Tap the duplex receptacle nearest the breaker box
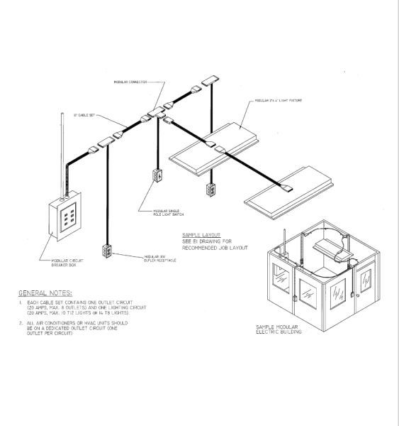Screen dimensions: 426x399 pos(108,251)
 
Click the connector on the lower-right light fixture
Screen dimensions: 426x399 pos(287,189)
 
